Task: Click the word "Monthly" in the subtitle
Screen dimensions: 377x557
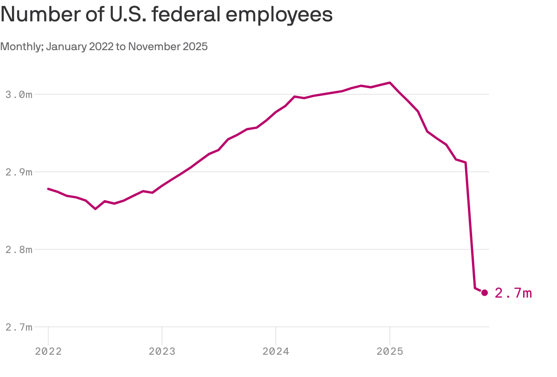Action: [21, 47]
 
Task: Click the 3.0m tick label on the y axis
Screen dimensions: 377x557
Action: [19, 95]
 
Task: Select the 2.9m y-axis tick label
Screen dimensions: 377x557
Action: [19, 172]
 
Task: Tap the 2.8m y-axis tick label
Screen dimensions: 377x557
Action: [19, 250]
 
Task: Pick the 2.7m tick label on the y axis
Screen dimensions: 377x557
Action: [19, 327]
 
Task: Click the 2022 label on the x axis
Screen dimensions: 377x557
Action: [48, 351]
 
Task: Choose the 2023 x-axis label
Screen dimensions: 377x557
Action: [162, 351]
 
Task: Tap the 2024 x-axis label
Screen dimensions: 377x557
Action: [276, 351]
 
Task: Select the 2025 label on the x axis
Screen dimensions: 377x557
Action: [390, 351]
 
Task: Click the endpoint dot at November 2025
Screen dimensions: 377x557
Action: [485, 292]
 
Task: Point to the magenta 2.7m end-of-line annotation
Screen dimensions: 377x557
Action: [513, 293]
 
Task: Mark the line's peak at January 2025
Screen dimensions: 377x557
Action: [390, 83]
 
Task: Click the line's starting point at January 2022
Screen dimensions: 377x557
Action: [48, 188]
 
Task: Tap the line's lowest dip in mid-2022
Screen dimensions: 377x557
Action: [96, 209]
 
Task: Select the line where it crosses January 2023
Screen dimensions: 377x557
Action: [162, 186]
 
